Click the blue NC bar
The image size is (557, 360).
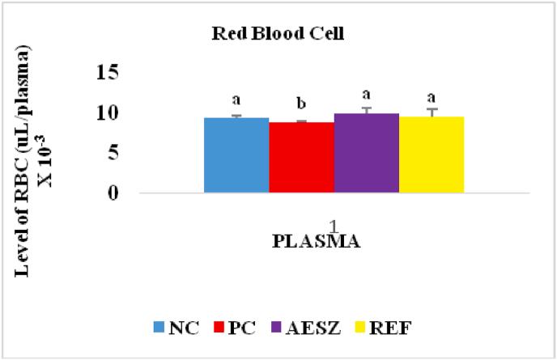[236, 155]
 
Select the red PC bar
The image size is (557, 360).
[301, 158]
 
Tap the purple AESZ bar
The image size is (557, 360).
[366, 154]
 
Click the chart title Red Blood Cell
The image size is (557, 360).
[279, 36]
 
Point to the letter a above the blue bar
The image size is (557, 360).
[236, 100]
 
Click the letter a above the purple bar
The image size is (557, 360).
[366, 93]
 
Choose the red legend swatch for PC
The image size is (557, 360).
[219, 328]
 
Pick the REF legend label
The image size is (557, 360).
[376, 328]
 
